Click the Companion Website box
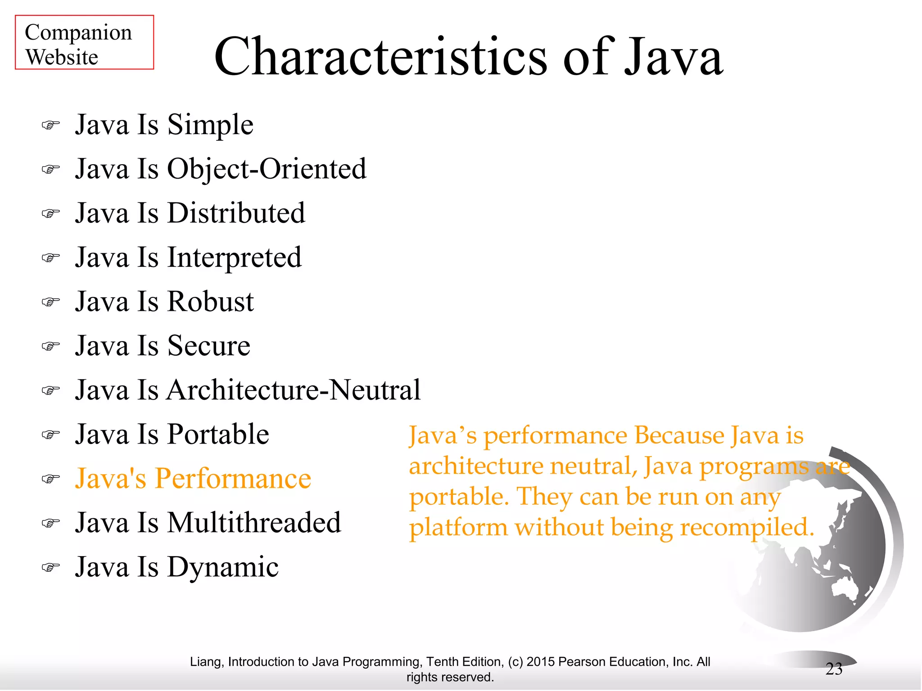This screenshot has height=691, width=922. coord(84,42)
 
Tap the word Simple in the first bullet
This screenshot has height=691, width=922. coord(210,125)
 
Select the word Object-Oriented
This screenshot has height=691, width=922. coord(267,169)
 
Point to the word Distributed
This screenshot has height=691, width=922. coord(236,213)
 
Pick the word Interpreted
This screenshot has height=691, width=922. coord(234,258)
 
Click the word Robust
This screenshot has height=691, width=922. coord(210,301)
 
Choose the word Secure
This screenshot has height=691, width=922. coord(208,346)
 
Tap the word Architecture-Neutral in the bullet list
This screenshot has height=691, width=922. coord(294,390)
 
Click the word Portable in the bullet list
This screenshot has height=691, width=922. coord(218,435)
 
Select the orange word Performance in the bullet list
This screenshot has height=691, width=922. coord(233,478)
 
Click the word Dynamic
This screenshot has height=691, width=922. coord(223,567)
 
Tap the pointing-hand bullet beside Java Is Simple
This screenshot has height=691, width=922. coord(50,125)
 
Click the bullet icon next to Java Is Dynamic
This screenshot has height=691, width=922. coord(50,567)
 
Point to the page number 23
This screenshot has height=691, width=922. coord(834,669)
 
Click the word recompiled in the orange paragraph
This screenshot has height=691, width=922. coord(746,528)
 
